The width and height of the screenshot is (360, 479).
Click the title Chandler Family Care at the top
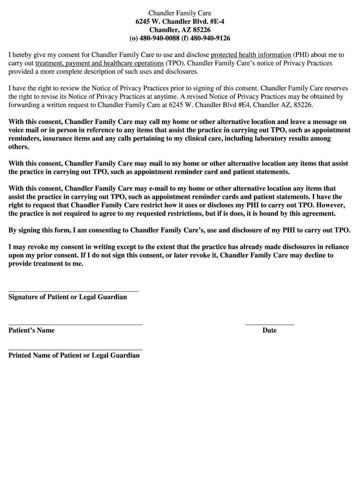coord(180,13)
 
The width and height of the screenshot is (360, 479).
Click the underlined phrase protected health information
coord(251,55)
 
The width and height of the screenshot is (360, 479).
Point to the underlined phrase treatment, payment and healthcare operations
coord(99,64)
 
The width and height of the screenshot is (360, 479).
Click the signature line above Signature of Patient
coord(74,291)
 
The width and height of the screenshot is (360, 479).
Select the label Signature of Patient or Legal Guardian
coord(68,298)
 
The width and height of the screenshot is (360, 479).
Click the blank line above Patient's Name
coord(75,324)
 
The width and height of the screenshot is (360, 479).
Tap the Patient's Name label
coord(31,331)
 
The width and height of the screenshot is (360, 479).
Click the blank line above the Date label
coord(269,324)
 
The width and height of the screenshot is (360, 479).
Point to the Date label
coord(269,331)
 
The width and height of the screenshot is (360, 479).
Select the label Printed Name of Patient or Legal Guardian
coord(74,356)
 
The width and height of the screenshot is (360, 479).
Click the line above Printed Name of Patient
coord(75,349)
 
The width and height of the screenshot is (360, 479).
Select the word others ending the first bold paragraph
coord(19,147)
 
